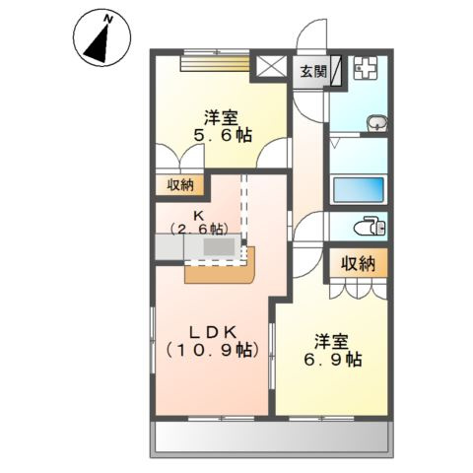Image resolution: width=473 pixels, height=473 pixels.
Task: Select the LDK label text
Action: [210, 330]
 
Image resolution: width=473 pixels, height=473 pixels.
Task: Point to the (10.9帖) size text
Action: [212, 350]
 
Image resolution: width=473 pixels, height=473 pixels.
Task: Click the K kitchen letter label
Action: [198, 213]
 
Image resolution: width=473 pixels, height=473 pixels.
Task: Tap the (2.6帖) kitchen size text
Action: [198, 229]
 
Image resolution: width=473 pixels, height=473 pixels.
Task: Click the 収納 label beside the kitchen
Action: [179, 184]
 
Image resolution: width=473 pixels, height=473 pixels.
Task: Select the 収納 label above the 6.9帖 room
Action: [359, 262]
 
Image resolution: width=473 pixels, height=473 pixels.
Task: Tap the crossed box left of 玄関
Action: [269, 70]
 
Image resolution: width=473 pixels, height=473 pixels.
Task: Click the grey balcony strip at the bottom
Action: [271, 438]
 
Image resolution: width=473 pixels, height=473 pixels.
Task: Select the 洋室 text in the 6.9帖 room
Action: [332, 341]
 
